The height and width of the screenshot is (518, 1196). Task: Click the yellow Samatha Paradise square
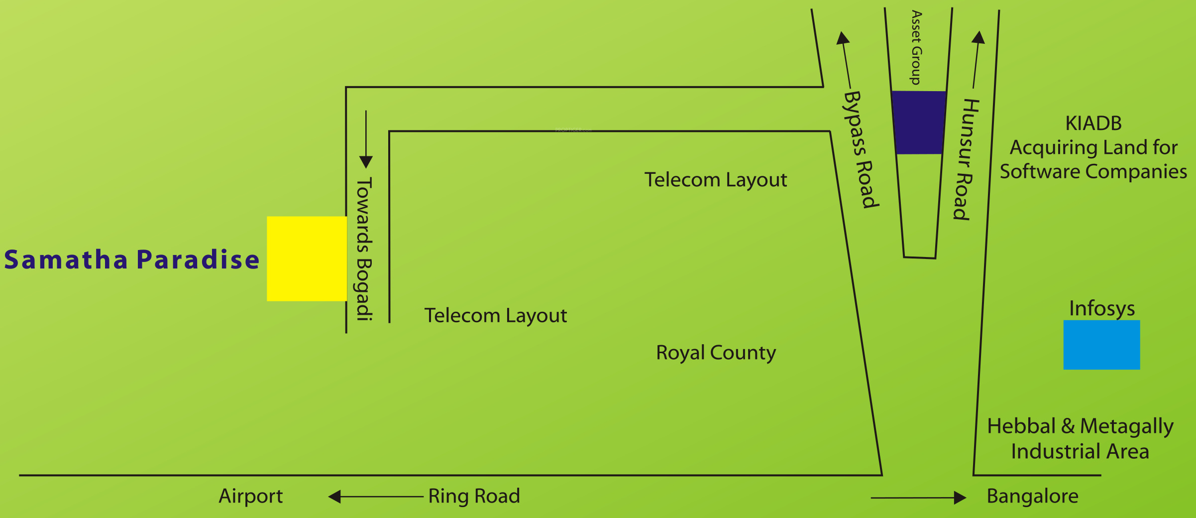(x=307, y=259)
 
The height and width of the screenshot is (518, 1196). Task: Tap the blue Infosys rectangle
(x=1101, y=345)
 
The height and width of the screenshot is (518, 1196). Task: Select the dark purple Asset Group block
(x=919, y=123)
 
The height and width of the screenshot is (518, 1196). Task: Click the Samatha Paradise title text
(x=132, y=259)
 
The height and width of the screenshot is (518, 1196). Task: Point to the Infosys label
(x=1102, y=309)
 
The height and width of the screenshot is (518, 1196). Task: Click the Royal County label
(x=716, y=353)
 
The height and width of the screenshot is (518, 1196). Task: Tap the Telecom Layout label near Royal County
(x=496, y=316)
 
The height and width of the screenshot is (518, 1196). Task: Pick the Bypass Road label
(x=861, y=149)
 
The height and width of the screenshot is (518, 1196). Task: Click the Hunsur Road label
(x=966, y=159)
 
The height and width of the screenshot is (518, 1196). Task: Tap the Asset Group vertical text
(x=916, y=48)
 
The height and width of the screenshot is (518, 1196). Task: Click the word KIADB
(x=1093, y=124)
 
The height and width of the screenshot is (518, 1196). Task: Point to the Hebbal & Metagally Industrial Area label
(x=1081, y=439)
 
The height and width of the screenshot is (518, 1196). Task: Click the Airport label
(x=251, y=497)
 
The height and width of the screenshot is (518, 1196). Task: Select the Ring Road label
(x=474, y=497)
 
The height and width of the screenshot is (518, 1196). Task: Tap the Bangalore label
(x=1033, y=497)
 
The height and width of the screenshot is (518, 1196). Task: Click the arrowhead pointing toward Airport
(x=334, y=497)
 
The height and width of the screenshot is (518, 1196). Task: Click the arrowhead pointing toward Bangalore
(x=960, y=498)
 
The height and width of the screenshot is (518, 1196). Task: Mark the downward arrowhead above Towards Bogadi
(x=366, y=162)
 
